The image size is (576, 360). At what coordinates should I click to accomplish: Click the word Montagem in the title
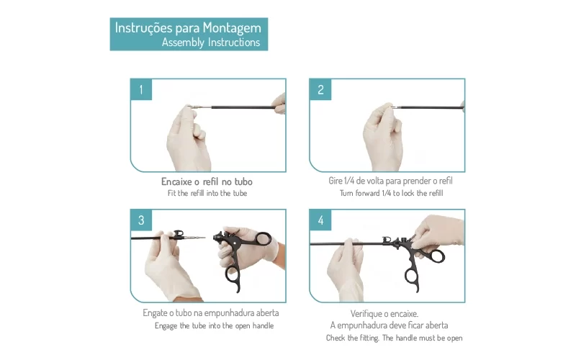(x=232, y=29)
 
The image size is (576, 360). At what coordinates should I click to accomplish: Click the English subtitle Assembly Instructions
(x=211, y=42)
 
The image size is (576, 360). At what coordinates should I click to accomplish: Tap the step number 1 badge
(x=141, y=89)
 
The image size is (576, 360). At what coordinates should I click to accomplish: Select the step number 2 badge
(x=320, y=89)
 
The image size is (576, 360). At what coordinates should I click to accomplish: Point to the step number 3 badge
(x=141, y=220)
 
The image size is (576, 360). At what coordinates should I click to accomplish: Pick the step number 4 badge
(x=320, y=220)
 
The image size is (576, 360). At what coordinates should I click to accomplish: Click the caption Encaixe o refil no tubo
(x=207, y=181)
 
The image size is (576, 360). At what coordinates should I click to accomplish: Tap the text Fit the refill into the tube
(x=207, y=193)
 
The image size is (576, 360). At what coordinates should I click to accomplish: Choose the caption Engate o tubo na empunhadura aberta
(x=211, y=313)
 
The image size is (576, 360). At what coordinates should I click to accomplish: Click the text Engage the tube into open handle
(x=214, y=326)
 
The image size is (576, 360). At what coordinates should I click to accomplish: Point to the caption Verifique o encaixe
(x=384, y=314)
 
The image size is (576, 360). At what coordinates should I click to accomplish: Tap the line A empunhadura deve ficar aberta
(x=389, y=325)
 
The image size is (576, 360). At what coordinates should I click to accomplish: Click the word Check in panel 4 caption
(x=336, y=338)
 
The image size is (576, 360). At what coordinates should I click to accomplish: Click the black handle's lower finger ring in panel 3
(x=233, y=275)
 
